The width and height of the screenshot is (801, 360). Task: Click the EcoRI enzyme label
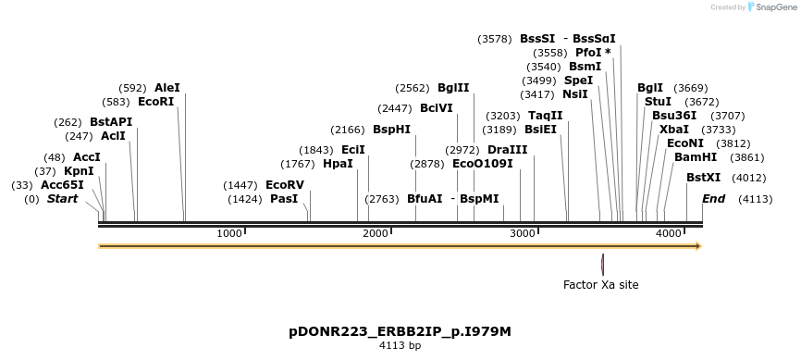click(155, 102)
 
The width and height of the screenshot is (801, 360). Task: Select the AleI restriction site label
click(167, 88)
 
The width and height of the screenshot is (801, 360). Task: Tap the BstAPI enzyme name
click(111, 122)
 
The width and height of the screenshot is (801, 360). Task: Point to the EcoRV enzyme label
click(285, 185)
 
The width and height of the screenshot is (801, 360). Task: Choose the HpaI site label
click(338, 164)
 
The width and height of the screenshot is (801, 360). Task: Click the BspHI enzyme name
click(391, 130)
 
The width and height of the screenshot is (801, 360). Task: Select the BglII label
click(453, 88)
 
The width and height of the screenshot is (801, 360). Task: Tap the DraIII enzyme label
click(507, 150)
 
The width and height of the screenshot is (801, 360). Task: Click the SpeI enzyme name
click(578, 81)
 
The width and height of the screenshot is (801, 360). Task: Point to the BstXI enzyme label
click(703, 178)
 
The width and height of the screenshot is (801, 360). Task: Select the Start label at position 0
click(62, 199)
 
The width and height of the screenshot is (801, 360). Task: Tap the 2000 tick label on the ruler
click(376, 234)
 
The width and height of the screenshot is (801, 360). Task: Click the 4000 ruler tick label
click(669, 234)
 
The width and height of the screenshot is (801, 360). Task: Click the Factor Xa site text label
click(601, 285)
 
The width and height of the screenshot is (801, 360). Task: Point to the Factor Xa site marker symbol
click(602, 263)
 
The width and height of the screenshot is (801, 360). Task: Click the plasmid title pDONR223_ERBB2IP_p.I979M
click(400, 331)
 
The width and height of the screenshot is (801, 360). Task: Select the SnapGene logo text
click(773, 7)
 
